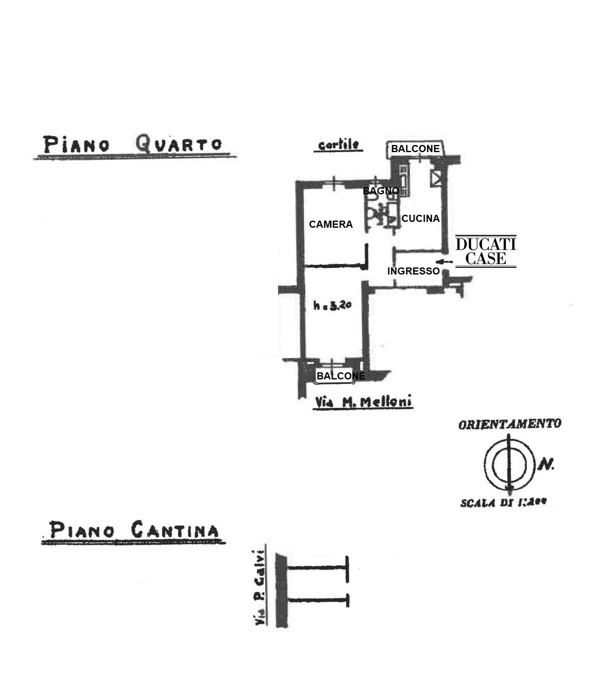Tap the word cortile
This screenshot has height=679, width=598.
[x=338, y=145]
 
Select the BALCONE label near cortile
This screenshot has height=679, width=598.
[x=415, y=149]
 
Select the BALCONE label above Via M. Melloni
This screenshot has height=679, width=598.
[x=340, y=376]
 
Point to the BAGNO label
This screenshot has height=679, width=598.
[x=381, y=191]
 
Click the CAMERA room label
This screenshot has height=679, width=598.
[x=331, y=224]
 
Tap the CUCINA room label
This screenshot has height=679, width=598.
[x=420, y=219]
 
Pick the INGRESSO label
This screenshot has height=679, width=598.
[x=413, y=271]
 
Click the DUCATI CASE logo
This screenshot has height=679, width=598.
[x=485, y=252]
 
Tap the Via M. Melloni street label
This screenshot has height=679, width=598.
[x=363, y=402]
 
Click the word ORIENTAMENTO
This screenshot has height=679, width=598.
[x=509, y=424]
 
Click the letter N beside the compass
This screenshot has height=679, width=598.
[x=545, y=464]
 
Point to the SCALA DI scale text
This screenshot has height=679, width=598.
[x=503, y=503]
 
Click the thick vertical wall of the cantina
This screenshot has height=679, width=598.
[x=281, y=590]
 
